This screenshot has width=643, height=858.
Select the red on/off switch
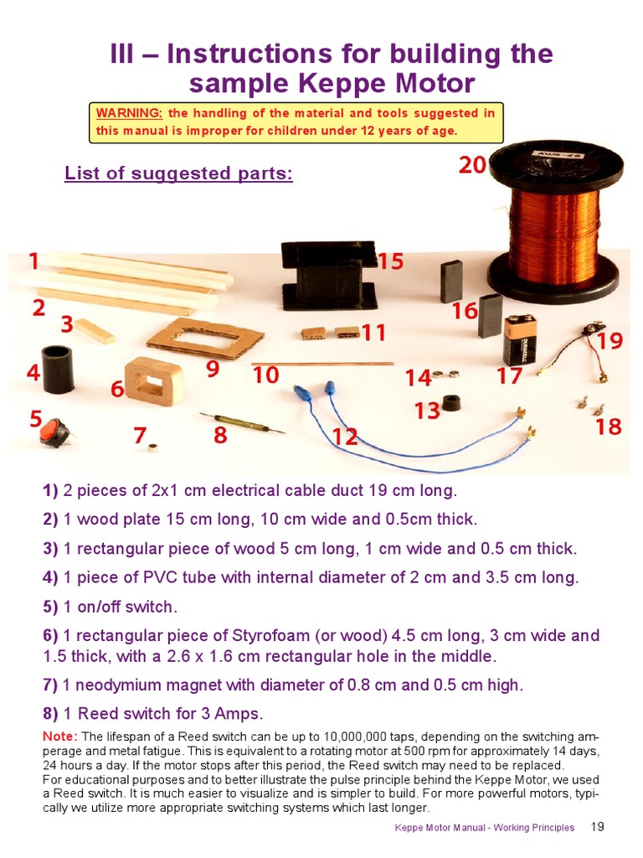tap(55, 432)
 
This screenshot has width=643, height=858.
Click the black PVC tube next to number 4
tap(59, 369)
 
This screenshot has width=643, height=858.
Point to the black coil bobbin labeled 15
tap(329, 276)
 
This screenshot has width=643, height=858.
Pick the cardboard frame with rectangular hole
tap(205, 339)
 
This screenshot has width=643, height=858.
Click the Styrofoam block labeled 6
tap(154, 381)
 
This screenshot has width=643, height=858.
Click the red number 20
tap(472, 165)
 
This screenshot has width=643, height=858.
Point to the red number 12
tap(344, 437)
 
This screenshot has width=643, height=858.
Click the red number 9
tap(213, 369)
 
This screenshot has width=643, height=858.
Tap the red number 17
tap(509, 376)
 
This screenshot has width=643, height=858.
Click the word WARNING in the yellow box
tap(129, 113)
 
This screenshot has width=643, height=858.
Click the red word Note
tap(59, 736)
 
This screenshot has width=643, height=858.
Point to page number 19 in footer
tap(597, 827)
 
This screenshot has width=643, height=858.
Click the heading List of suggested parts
tap(178, 174)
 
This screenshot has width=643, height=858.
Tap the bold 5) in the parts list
tap(50, 607)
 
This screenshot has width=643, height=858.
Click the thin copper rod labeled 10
tap(322, 364)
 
